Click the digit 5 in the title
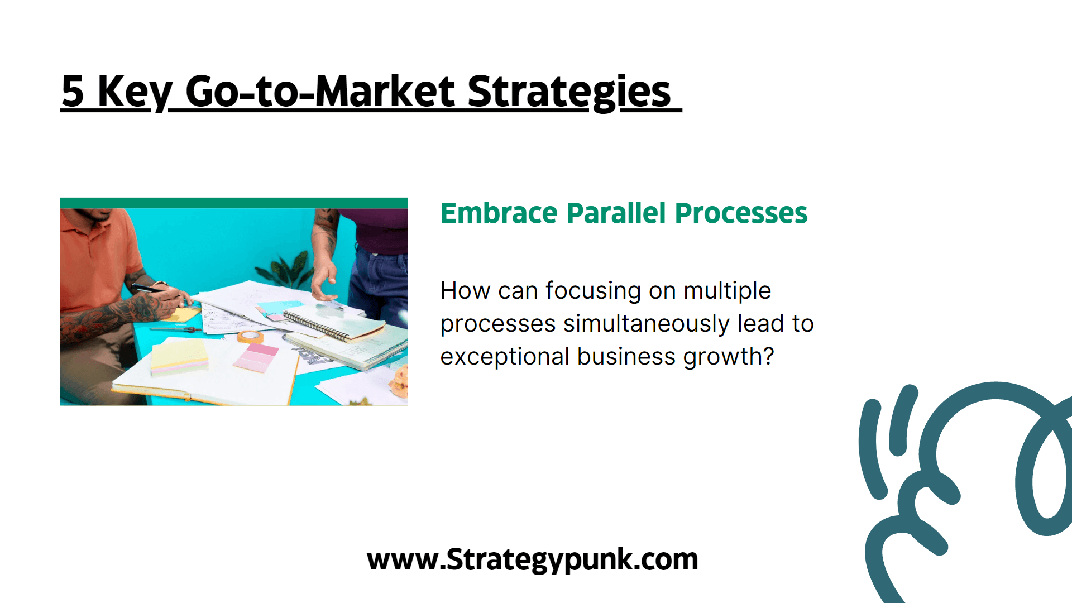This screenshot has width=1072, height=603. [73, 92]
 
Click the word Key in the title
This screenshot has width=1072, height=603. [135, 93]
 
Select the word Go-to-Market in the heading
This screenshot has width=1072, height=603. [320, 92]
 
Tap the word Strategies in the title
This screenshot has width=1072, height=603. [569, 93]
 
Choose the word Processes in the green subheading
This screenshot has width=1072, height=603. [741, 213]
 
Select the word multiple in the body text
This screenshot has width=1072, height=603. [727, 291]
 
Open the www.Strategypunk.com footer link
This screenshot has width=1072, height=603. [532, 559]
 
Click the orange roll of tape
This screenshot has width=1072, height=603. [250, 337]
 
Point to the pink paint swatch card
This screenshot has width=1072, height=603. [256, 358]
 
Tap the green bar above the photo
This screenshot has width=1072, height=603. [234, 203]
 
